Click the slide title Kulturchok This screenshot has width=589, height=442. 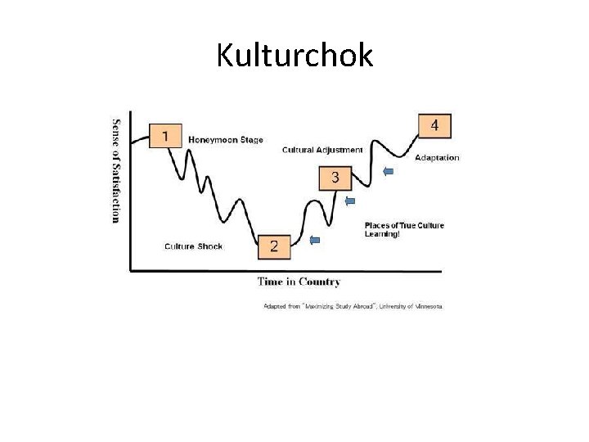click(294, 55)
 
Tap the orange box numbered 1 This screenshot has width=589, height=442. click(166, 136)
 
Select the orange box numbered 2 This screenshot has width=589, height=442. click(273, 246)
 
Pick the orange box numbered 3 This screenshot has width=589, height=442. click(335, 177)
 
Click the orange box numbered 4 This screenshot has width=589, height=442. click(434, 125)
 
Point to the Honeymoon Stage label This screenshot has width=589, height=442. click(226, 140)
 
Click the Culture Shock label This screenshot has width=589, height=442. click(193, 246)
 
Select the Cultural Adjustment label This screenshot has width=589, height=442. click(322, 150)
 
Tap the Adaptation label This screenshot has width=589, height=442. click(437, 157)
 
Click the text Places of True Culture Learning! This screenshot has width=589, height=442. click(404, 230)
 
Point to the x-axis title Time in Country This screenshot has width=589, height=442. click(299, 282)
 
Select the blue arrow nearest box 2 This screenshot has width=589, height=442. click(315, 240)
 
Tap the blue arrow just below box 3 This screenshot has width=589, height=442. click(350, 201)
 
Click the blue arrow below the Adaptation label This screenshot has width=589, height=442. click(389, 171)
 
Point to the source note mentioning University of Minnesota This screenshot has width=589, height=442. click(352, 306)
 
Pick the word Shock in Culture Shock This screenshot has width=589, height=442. click(209, 246)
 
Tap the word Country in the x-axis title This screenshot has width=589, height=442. click(320, 282)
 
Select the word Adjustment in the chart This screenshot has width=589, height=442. click(344, 150)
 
